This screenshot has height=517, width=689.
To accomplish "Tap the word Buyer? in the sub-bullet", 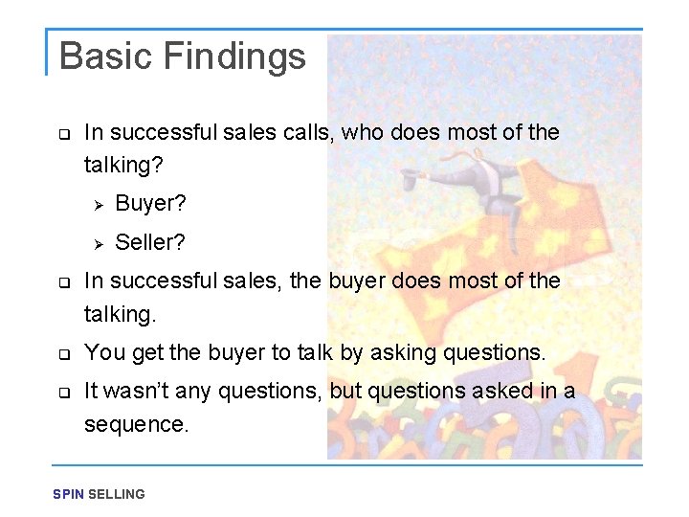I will [x=150, y=203].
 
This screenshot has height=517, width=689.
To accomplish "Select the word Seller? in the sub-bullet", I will [x=150, y=243].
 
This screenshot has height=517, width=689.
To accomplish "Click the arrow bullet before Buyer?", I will [x=96, y=204].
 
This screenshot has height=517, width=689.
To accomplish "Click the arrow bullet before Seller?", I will [x=96, y=243].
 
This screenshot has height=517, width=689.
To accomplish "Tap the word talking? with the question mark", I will [x=123, y=166].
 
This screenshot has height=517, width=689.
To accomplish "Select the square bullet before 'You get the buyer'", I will [x=63, y=353].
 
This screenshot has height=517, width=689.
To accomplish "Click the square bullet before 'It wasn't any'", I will [x=63, y=392].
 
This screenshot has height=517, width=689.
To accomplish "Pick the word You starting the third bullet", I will [x=103, y=352].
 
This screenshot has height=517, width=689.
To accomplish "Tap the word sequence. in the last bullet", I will [x=137, y=424].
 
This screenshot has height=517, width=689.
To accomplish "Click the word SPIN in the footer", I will [x=69, y=494].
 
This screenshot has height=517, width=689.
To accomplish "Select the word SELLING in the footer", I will [x=117, y=494].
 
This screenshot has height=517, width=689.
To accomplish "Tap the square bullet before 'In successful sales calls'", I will [x=63, y=133].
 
